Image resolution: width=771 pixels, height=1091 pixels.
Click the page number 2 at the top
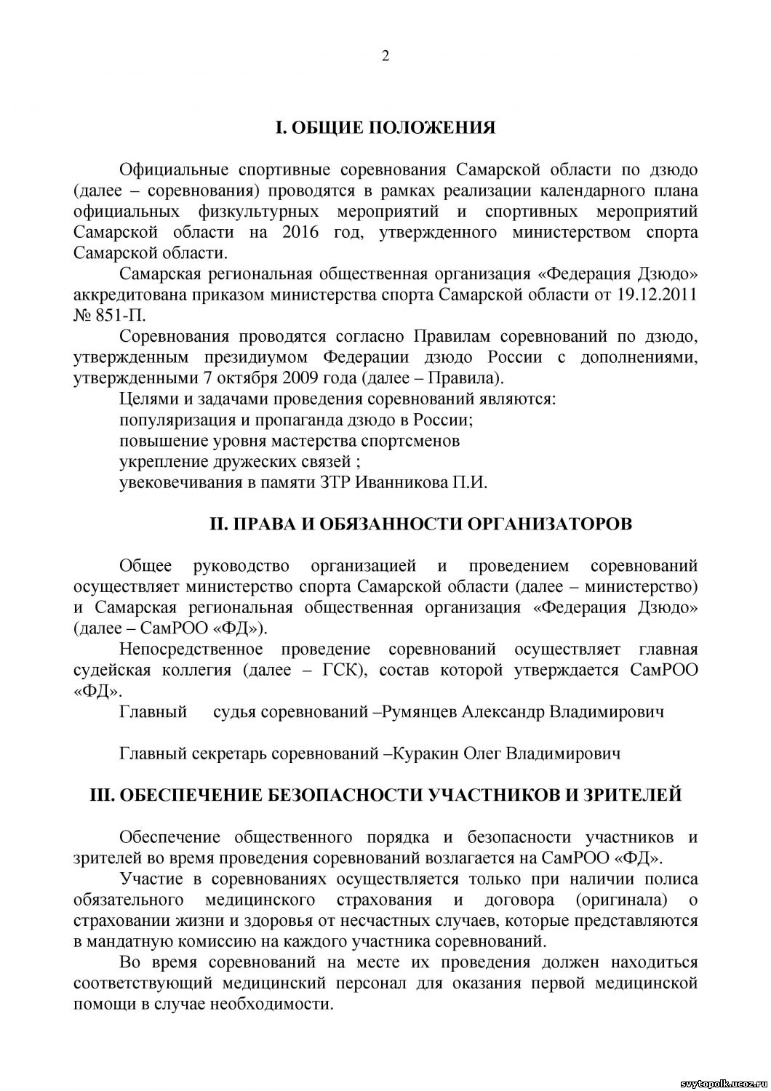pyautogui.click(x=385, y=56)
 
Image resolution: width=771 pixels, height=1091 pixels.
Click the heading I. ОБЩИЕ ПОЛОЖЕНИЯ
pyautogui.click(x=385, y=129)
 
